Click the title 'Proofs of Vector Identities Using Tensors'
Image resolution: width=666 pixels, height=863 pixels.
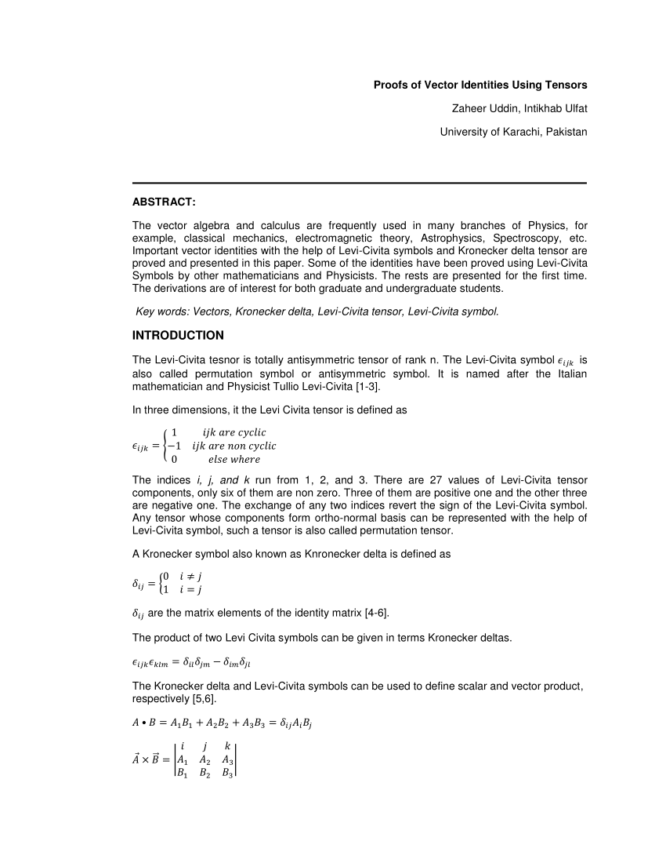[x=480, y=85]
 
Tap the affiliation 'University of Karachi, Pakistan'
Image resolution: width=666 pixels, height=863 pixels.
[x=513, y=132]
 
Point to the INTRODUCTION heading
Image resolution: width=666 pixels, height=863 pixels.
[x=178, y=335]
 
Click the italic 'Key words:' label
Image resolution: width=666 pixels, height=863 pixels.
[x=161, y=311]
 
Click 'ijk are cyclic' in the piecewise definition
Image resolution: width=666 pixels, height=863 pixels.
[x=234, y=432]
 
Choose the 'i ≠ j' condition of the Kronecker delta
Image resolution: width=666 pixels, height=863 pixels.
[x=191, y=576]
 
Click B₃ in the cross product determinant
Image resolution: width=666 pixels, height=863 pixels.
[x=228, y=773]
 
